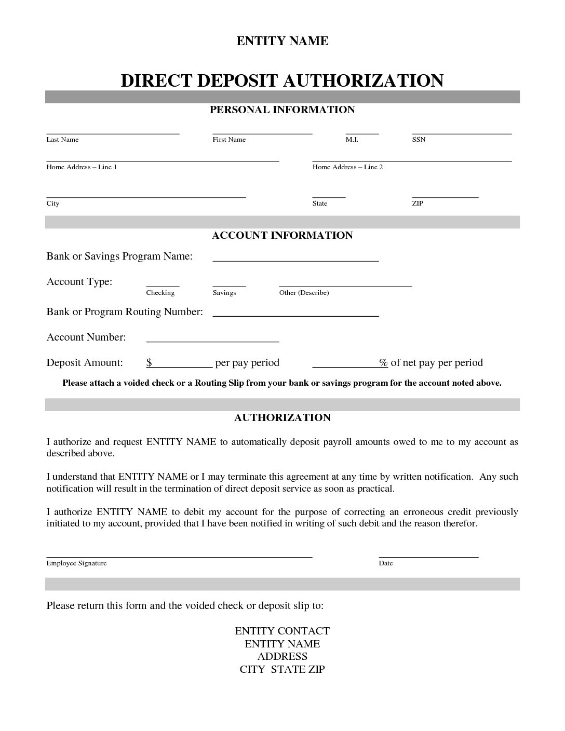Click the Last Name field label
click(62, 140)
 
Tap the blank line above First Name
click(262, 133)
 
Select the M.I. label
click(352, 140)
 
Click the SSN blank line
click(462, 133)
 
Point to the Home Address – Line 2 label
click(347, 167)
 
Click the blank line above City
click(146, 197)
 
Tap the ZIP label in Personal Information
click(418, 204)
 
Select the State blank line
click(329, 197)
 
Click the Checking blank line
click(163, 286)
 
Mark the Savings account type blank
click(229, 286)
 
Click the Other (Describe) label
click(304, 293)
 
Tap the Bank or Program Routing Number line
click(295, 316)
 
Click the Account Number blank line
click(212, 341)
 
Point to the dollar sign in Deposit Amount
click(149, 362)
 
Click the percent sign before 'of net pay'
click(383, 362)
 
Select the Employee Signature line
click(179, 556)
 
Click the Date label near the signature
click(386, 563)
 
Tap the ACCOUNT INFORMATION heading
click(282, 235)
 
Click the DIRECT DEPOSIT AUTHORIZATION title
click(282, 80)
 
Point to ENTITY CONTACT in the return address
click(282, 631)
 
